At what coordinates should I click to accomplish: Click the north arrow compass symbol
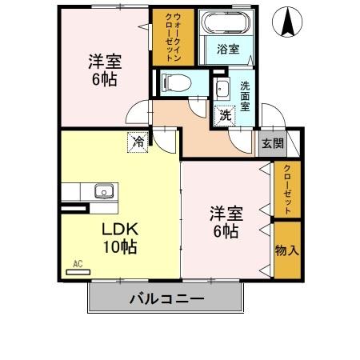pyautogui.click(x=286, y=22)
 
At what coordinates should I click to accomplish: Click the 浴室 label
pyautogui.click(x=227, y=49)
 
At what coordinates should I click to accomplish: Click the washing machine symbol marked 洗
pyautogui.click(x=226, y=115)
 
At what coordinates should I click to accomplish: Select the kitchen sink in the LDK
pyautogui.click(x=105, y=191)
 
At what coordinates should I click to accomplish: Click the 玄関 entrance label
pyautogui.click(x=272, y=144)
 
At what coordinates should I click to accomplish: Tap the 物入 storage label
pyautogui.click(x=286, y=250)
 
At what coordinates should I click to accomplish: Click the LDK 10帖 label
pyautogui.click(x=118, y=237)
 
